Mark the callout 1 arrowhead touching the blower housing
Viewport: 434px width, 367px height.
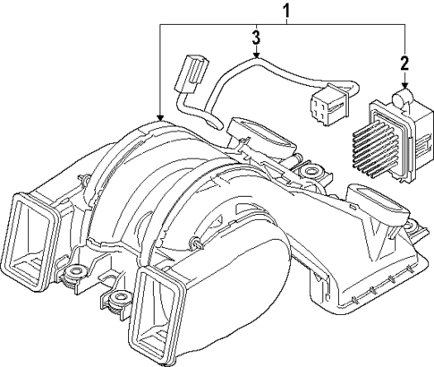pyautogui.click(x=159, y=118)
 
